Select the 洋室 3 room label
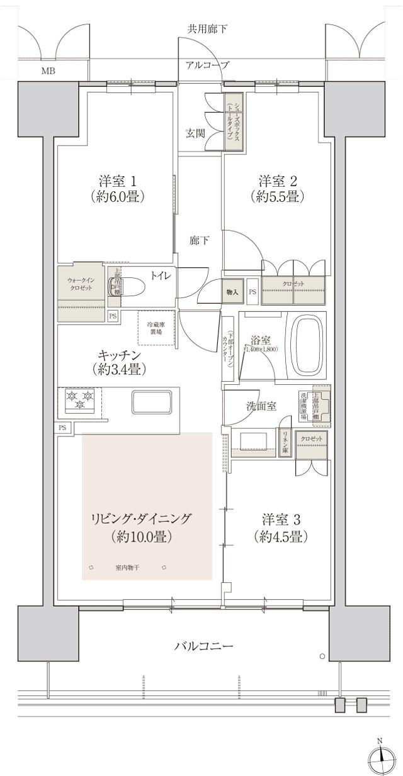pyautogui.click(x=281, y=528)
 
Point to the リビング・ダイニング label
pyautogui.click(x=141, y=528)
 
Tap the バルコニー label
pyautogui.click(x=203, y=646)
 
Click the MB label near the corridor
pyautogui.click(x=48, y=70)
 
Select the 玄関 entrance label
pyautogui.click(x=195, y=133)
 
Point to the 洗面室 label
pyautogui.click(x=261, y=406)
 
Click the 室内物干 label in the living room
pyautogui.click(x=128, y=568)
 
